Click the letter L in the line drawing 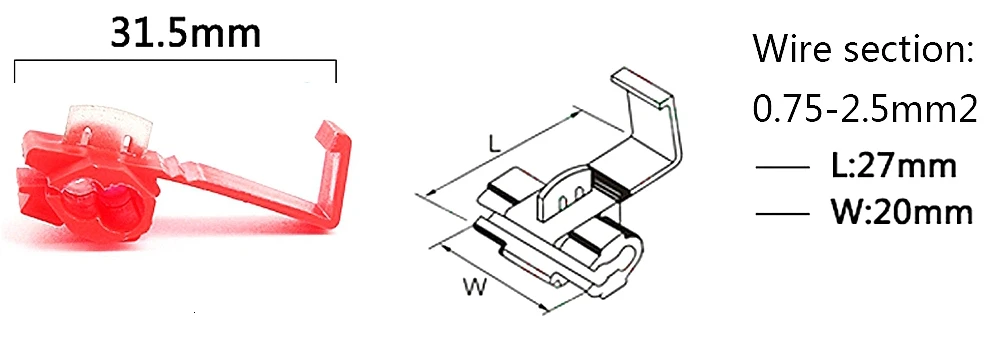click(493, 144)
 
